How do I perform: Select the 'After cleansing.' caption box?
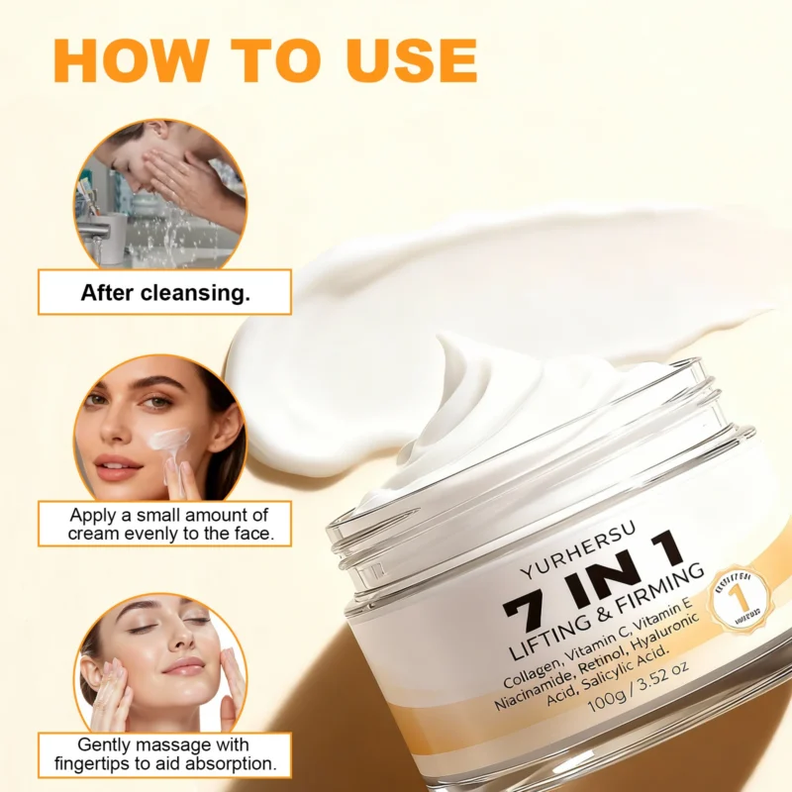[x=164, y=292]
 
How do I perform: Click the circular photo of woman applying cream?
[x=160, y=428]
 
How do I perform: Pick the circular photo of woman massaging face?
[x=160, y=664]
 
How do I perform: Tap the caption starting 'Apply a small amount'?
[x=164, y=524]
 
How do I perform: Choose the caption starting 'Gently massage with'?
[x=164, y=754]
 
